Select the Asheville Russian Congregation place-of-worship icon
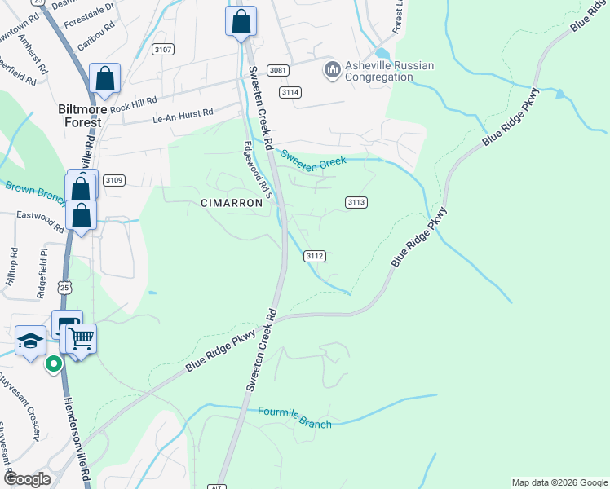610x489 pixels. click(x=332, y=71)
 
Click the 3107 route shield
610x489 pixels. click(x=163, y=51)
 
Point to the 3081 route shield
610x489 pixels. click(x=278, y=70)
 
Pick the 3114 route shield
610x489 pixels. click(x=290, y=92)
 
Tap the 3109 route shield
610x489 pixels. click(x=114, y=180)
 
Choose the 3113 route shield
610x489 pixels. click(x=356, y=202)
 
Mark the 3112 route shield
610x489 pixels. click(x=316, y=256)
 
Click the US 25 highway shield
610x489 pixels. click(x=66, y=287)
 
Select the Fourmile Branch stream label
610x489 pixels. click(x=294, y=418)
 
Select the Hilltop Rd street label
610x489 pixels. click(x=12, y=267)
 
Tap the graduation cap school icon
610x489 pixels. click(x=30, y=341)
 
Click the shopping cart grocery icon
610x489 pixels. click(x=81, y=337)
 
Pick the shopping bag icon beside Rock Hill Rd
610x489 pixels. click(x=105, y=78)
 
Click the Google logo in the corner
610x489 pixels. click(x=27, y=478)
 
